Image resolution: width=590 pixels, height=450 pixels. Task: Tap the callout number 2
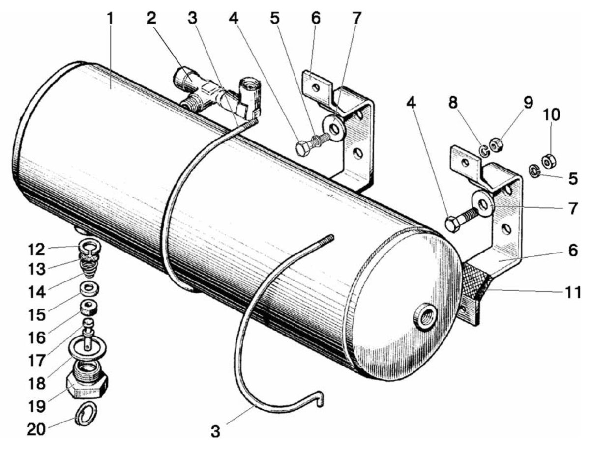[151, 18]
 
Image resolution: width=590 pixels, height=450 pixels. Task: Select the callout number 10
[552, 114]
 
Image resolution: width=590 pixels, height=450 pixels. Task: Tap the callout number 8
[453, 103]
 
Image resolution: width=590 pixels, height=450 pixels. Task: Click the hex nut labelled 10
[549, 161]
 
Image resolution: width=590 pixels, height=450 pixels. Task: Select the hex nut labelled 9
[496, 145]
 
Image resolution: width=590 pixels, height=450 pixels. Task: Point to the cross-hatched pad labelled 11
[476, 282]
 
